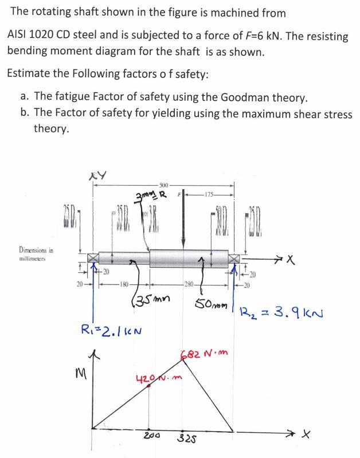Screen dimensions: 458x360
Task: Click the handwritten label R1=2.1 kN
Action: [x=112, y=330]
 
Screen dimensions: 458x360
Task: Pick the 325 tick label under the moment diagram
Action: [x=184, y=439]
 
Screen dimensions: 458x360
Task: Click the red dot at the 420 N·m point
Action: [x=150, y=387]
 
